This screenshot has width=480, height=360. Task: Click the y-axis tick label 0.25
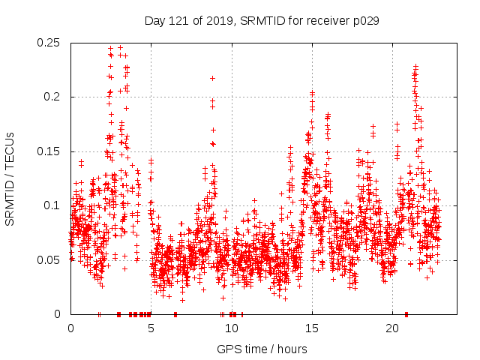(x=49, y=43)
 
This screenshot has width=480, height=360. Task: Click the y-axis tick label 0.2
(x=52, y=97)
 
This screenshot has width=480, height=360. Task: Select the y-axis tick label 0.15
(x=49, y=151)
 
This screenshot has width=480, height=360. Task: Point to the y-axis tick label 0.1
(x=52, y=205)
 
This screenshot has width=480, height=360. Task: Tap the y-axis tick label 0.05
(x=49, y=259)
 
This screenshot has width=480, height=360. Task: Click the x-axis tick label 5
(x=151, y=328)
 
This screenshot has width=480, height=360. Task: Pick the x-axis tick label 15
(x=311, y=328)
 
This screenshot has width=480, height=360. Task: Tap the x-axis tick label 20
(x=391, y=328)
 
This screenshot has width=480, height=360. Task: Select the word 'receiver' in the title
(x=322, y=21)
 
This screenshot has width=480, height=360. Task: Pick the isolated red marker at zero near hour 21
(x=406, y=313)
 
